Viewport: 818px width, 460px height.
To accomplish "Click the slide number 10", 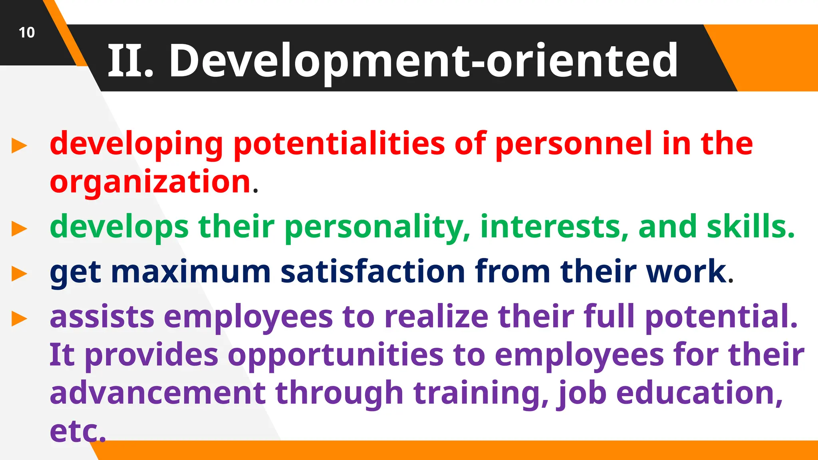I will (x=27, y=32).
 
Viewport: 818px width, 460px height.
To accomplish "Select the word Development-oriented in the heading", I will (x=423, y=61).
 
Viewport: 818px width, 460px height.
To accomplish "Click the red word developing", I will (x=136, y=144).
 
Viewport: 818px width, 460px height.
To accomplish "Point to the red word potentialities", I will (x=339, y=144).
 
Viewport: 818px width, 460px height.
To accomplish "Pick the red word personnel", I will (x=574, y=144).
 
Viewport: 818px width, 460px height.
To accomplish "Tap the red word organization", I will (x=150, y=182).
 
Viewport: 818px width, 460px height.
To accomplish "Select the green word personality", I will (x=377, y=227).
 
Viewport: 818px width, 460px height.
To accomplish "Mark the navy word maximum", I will (x=191, y=272).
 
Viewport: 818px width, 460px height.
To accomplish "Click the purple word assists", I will (x=102, y=317).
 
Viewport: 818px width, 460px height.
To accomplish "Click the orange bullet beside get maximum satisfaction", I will (x=19, y=274).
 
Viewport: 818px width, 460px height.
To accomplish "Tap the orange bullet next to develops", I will (x=19, y=229).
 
